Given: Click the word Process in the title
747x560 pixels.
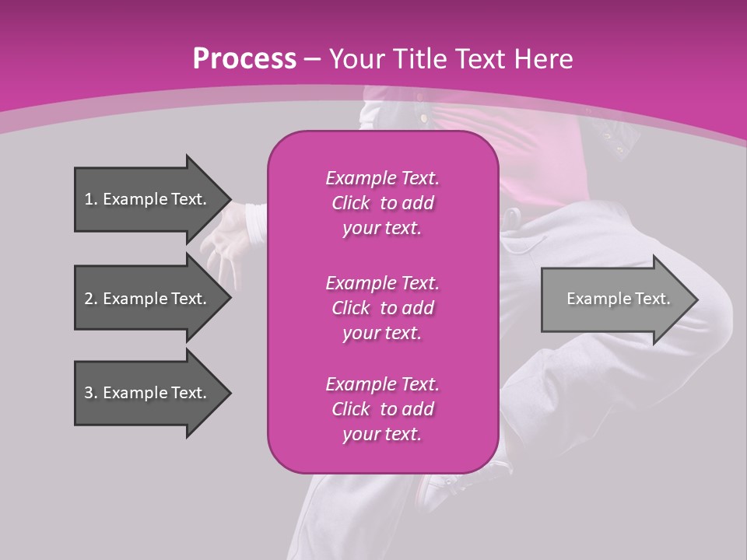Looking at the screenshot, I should (244, 58).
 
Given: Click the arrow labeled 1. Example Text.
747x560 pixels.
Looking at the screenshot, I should (146, 199).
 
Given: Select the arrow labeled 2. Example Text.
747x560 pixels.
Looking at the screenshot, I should (146, 299).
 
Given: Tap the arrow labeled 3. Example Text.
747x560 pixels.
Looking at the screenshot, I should (146, 393).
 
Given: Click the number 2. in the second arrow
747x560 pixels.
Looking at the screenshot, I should (91, 299).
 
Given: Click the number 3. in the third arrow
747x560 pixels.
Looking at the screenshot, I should (91, 393).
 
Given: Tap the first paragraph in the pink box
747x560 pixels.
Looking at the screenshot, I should (382, 203).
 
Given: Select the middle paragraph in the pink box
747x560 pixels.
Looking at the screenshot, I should (382, 307).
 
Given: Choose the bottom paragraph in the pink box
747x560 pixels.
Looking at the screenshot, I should (382, 409).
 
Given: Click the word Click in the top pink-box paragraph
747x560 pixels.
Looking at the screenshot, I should (351, 203).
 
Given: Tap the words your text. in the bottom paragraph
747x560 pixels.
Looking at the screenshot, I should (382, 435).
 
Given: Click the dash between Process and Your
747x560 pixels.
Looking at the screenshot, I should (313, 59).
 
